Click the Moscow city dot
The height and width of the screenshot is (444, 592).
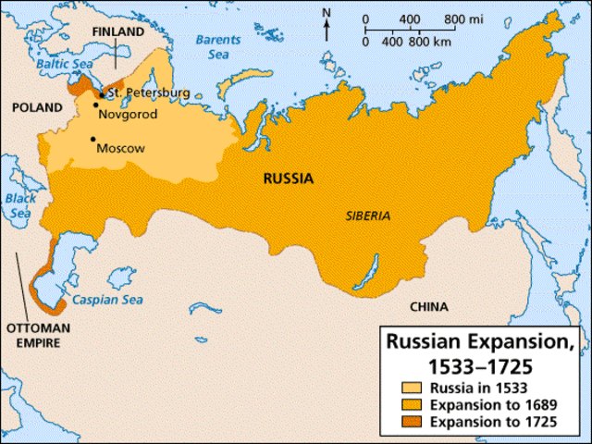click(x=92, y=140)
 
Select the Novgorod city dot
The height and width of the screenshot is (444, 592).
click(x=96, y=105)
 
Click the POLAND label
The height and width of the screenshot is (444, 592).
click(x=36, y=107)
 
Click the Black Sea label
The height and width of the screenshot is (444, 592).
click(x=19, y=205)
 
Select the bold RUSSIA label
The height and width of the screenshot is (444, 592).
click(x=289, y=179)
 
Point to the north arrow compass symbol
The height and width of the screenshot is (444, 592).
click(x=326, y=23)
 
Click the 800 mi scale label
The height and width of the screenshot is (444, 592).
click(x=462, y=19)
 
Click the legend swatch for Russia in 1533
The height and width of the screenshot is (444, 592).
click(x=410, y=387)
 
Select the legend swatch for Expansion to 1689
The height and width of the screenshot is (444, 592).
click(x=410, y=404)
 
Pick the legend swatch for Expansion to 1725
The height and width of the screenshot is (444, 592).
click(x=410, y=422)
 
